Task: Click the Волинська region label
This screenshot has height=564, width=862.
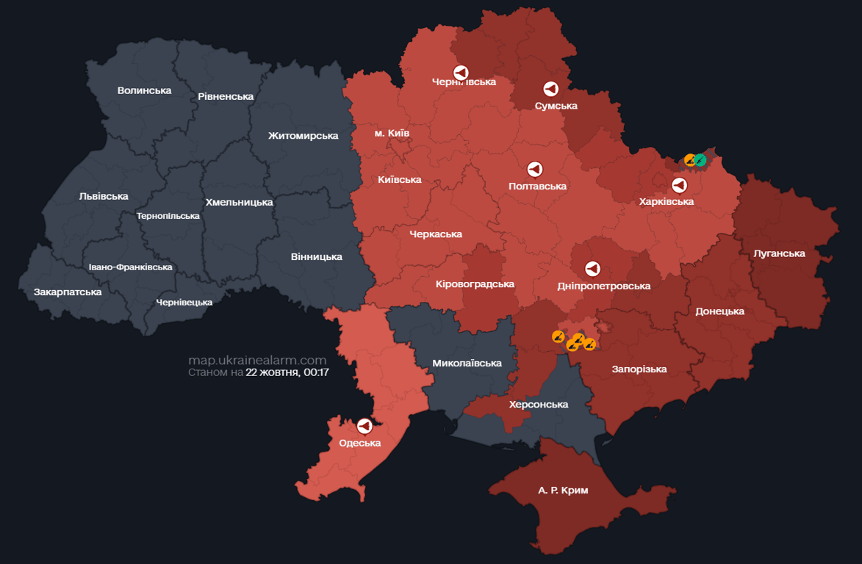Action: [x=144, y=90]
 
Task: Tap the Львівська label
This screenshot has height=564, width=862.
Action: [x=104, y=196]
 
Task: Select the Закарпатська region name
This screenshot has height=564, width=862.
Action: [x=68, y=292]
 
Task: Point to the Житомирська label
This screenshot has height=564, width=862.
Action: [x=303, y=135]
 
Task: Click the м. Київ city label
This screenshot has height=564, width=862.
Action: [x=392, y=133]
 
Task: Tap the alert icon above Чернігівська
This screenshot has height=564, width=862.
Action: [x=461, y=72]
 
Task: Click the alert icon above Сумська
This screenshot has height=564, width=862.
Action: [x=550, y=89]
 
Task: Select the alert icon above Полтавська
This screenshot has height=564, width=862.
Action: [x=536, y=170]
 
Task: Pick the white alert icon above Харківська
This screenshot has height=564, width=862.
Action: [x=679, y=185]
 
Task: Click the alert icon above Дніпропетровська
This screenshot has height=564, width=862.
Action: [x=592, y=269]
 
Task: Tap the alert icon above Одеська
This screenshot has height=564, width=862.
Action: [x=364, y=426]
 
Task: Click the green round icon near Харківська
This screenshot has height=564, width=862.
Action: [x=700, y=159]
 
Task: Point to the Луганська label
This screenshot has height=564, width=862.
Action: [x=779, y=253]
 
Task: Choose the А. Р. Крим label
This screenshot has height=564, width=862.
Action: [x=563, y=490]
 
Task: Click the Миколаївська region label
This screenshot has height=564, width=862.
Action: [x=467, y=363]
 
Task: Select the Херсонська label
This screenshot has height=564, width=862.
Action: [x=539, y=405]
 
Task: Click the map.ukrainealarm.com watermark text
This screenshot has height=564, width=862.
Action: [x=257, y=360]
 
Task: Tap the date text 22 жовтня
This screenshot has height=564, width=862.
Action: [x=272, y=372]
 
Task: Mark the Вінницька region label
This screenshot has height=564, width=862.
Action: [x=316, y=256]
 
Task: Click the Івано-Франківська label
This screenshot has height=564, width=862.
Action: [x=130, y=267]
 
